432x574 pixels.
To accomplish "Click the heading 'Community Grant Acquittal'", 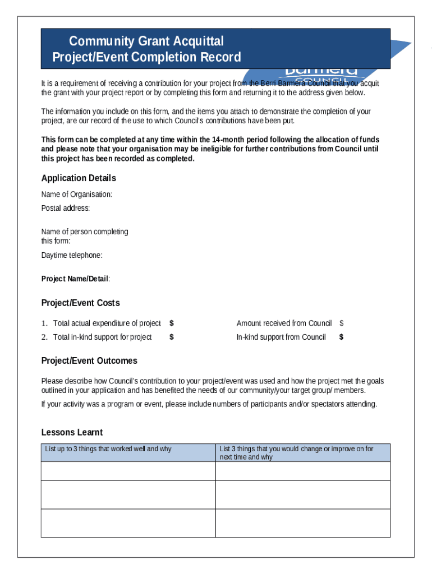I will [x=146, y=41].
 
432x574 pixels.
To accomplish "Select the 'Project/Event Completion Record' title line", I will [x=146, y=57].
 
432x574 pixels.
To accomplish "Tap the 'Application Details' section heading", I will [x=79, y=178].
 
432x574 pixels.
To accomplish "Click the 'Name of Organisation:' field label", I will [x=77, y=195].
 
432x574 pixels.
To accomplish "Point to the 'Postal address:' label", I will [x=66, y=209].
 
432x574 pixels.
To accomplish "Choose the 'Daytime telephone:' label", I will [x=72, y=256].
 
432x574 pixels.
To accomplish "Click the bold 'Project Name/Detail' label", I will [x=75, y=279].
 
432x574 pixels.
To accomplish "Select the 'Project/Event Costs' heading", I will [x=80, y=303].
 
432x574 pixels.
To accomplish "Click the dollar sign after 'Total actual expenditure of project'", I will [x=172, y=323].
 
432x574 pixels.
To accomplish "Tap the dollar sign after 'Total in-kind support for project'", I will [x=172, y=337].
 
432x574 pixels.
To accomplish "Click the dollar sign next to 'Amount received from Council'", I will [x=341, y=323].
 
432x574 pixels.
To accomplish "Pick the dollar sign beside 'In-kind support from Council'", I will [x=341, y=337].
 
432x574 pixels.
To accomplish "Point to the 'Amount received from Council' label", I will [x=284, y=323].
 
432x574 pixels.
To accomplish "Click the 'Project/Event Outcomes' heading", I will [x=89, y=361].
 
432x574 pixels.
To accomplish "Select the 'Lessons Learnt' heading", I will [x=72, y=433].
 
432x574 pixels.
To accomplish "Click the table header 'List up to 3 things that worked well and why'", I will [x=108, y=449].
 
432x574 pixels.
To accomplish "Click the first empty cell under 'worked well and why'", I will [x=128, y=471].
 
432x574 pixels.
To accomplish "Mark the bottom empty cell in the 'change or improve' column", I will [x=302, y=523].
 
